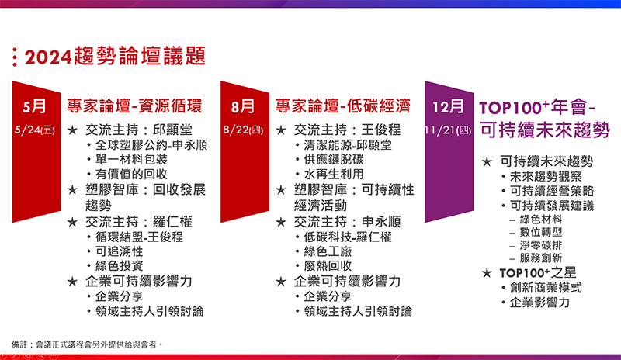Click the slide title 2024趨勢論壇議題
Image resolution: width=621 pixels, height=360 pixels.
(x=115, y=56)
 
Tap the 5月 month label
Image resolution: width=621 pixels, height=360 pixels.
(x=34, y=106)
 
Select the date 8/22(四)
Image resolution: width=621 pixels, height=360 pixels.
(x=243, y=130)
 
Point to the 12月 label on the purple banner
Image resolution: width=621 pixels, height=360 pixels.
(x=448, y=106)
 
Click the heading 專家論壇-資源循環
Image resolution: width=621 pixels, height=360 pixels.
(x=134, y=106)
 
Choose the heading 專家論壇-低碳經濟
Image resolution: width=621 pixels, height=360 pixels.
(x=343, y=106)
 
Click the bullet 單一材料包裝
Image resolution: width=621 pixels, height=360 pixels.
(x=131, y=159)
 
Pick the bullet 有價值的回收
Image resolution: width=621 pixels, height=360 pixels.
(x=131, y=174)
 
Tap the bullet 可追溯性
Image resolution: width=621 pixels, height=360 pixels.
(x=120, y=251)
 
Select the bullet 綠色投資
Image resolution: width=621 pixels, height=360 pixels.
(x=120, y=265)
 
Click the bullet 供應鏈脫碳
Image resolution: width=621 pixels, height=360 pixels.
(x=334, y=159)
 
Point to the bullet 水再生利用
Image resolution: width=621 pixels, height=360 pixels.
(x=334, y=174)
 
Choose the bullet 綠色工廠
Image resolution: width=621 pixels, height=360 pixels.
(x=328, y=251)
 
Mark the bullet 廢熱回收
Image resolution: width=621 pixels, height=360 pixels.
(x=328, y=265)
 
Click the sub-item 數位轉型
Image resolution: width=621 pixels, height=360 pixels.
(x=541, y=232)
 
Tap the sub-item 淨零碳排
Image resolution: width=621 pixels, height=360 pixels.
(x=541, y=245)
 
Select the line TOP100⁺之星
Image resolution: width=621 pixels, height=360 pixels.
(x=538, y=273)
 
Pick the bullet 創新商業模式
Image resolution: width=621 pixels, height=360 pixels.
(x=546, y=288)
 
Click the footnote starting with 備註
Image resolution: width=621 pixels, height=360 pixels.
(x=87, y=344)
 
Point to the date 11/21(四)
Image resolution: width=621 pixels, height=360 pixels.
(x=448, y=130)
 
